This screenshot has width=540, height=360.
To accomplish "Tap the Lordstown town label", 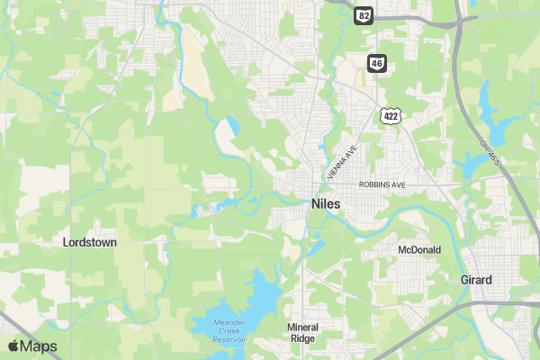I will [x=90, y=242].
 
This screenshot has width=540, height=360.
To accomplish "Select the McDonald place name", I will [x=419, y=250].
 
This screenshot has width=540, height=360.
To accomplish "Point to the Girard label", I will [x=476, y=280].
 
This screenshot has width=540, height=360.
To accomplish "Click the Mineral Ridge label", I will [x=302, y=333].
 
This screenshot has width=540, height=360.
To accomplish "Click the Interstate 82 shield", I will [x=363, y=15].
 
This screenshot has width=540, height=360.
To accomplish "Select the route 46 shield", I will [x=376, y=62].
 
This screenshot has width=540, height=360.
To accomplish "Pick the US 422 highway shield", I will [x=390, y=116].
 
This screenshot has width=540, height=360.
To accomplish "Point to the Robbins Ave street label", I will [x=382, y=184].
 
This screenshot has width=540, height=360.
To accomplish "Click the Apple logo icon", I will [x=13, y=346].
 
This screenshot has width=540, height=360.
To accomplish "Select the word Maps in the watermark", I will [x=39, y=346].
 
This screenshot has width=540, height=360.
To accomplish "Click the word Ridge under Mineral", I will [x=302, y=339].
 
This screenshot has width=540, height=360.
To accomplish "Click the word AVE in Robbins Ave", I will [x=399, y=184].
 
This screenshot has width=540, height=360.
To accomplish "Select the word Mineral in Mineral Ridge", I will [x=302, y=327].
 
